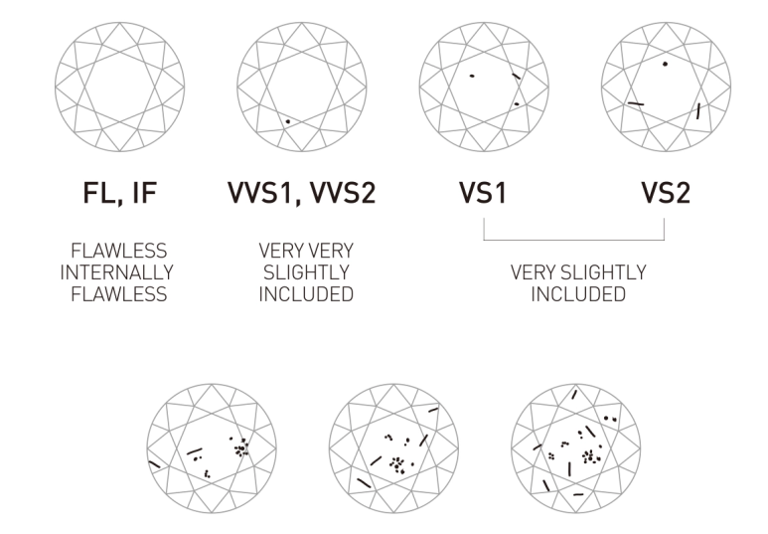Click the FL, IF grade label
[120, 193]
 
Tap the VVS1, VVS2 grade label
[302, 193]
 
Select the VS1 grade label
[484, 193]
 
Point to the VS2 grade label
[666, 193]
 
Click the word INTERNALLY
[117, 272]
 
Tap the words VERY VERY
[306, 251]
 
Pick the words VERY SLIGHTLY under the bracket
[578, 272]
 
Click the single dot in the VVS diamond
[288, 121]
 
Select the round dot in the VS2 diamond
[665, 64]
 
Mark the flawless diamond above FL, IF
[120, 87]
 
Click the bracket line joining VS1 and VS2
[574, 240]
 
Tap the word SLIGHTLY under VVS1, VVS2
[306, 272]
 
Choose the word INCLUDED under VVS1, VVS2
[306, 294]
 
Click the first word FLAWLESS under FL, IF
[119, 251]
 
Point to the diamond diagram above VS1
[484, 87]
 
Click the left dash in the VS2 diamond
[636, 103]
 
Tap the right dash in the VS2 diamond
[698, 110]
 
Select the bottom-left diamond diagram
[212, 448]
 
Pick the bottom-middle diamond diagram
[393, 448]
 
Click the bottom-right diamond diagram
[576, 448]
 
